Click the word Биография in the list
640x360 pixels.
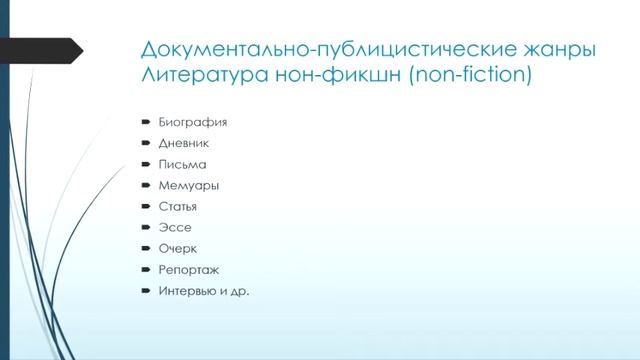pos(192,122)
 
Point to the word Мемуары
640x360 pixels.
pos(188,185)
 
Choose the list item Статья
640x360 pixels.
pos(178,206)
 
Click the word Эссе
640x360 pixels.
pos(174,227)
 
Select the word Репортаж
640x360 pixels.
pos(188,269)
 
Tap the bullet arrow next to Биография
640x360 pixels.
pos(145,122)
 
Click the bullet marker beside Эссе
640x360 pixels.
pos(145,227)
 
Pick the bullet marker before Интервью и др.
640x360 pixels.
pos(145,291)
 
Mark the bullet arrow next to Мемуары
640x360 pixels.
pos(145,185)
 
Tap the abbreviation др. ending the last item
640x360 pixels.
pos(238,291)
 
